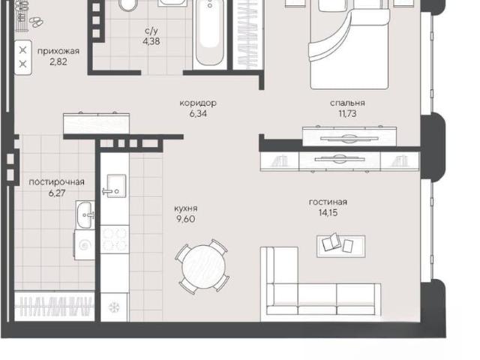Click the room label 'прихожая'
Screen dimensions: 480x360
click(x=58, y=52)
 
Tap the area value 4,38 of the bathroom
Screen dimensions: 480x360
click(x=151, y=41)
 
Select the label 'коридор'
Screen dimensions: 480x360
click(x=198, y=103)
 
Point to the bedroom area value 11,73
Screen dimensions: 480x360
click(x=347, y=113)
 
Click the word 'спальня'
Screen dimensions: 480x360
click(x=347, y=103)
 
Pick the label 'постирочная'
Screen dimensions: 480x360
click(x=57, y=182)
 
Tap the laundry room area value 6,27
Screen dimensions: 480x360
click(x=57, y=193)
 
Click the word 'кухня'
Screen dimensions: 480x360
click(x=186, y=208)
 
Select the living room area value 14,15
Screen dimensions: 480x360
click(x=328, y=212)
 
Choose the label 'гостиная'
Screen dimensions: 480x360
click(x=328, y=202)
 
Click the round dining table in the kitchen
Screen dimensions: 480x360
click(x=203, y=267)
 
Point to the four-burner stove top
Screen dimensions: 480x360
click(x=115, y=239)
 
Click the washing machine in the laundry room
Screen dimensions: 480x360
click(x=84, y=245)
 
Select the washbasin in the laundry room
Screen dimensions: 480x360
click(x=85, y=215)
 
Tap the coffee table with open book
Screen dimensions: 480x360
click(x=340, y=245)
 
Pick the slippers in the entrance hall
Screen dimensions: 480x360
click(x=36, y=22)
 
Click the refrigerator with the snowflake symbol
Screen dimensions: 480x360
click(x=115, y=307)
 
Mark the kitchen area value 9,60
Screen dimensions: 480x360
click(x=186, y=219)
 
